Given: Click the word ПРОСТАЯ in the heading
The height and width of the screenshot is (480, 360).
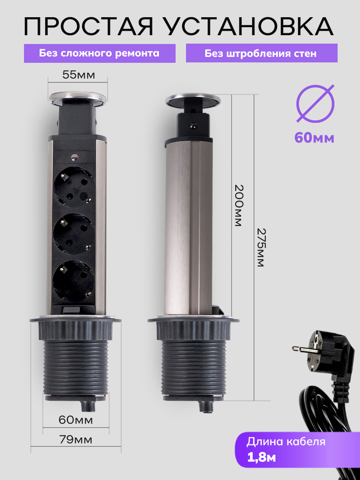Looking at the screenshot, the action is point(88,26).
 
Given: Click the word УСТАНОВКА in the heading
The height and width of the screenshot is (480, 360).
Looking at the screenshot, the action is point(251,26).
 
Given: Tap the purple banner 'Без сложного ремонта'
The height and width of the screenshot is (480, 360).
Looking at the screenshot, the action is point(100,53).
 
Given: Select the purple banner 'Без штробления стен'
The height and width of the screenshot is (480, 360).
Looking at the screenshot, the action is point(262,53).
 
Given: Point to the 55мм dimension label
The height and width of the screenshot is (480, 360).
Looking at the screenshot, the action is point(79,75).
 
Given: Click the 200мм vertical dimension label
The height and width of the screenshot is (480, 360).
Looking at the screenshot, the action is point(238,206).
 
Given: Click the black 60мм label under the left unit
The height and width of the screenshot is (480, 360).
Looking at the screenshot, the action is point(76,420).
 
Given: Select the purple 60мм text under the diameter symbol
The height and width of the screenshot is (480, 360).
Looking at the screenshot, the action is point(314,138).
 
